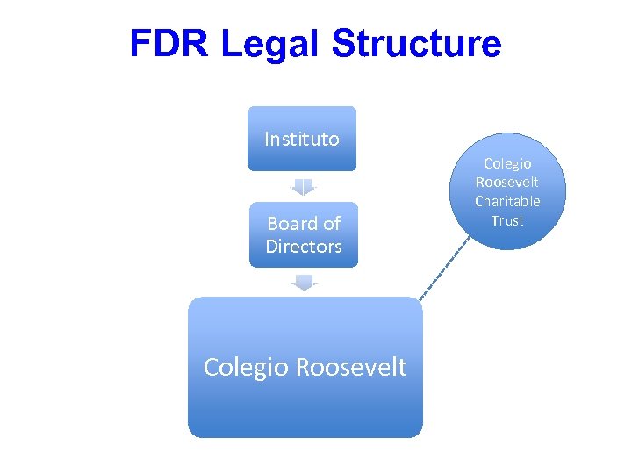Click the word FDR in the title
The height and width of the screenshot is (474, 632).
[x=170, y=44]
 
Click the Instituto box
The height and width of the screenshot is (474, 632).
[x=302, y=139]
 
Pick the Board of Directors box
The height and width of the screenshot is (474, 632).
[x=304, y=234]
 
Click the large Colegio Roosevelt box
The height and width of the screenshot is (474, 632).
[x=305, y=367]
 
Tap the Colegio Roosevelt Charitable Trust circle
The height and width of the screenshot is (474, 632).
[x=507, y=191]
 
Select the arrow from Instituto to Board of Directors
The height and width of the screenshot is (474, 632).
[x=303, y=187]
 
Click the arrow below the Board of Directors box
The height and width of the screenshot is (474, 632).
[x=304, y=282]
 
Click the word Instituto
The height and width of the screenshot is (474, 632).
[x=302, y=139]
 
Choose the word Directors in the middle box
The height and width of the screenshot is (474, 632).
[x=304, y=246]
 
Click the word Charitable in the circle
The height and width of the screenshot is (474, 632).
[x=507, y=201]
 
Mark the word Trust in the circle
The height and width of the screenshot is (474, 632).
[x=507, y=220]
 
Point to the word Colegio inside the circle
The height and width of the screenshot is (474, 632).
[x=507, y=163]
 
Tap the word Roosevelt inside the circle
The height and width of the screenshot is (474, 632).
[x=507, y=182]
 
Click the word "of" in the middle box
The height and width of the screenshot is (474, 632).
[x=331, y=223]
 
